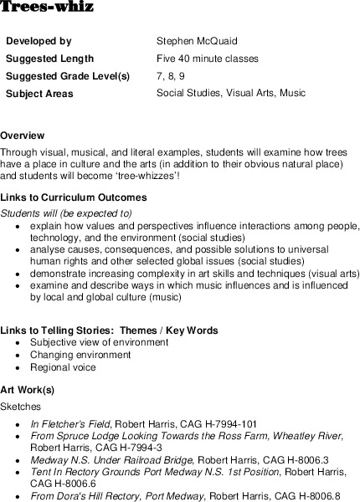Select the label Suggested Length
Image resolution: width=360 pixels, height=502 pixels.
(x=49, y=59)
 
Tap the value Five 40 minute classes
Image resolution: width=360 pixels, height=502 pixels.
(x=207, y=59)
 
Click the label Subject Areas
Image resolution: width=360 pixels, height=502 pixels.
(x=39, y=94)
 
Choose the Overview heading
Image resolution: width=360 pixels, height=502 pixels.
(x=23, y=136)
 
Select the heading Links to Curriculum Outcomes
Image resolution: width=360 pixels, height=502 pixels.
(x=74, y=198)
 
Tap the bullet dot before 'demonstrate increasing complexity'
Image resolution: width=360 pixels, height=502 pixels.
(x=18, y=274)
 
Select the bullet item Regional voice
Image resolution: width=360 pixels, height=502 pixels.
(x=63, y=367)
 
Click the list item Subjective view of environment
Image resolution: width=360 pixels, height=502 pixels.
(x=99, y=342)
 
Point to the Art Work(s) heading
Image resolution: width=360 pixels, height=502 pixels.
(x=28, y=390)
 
